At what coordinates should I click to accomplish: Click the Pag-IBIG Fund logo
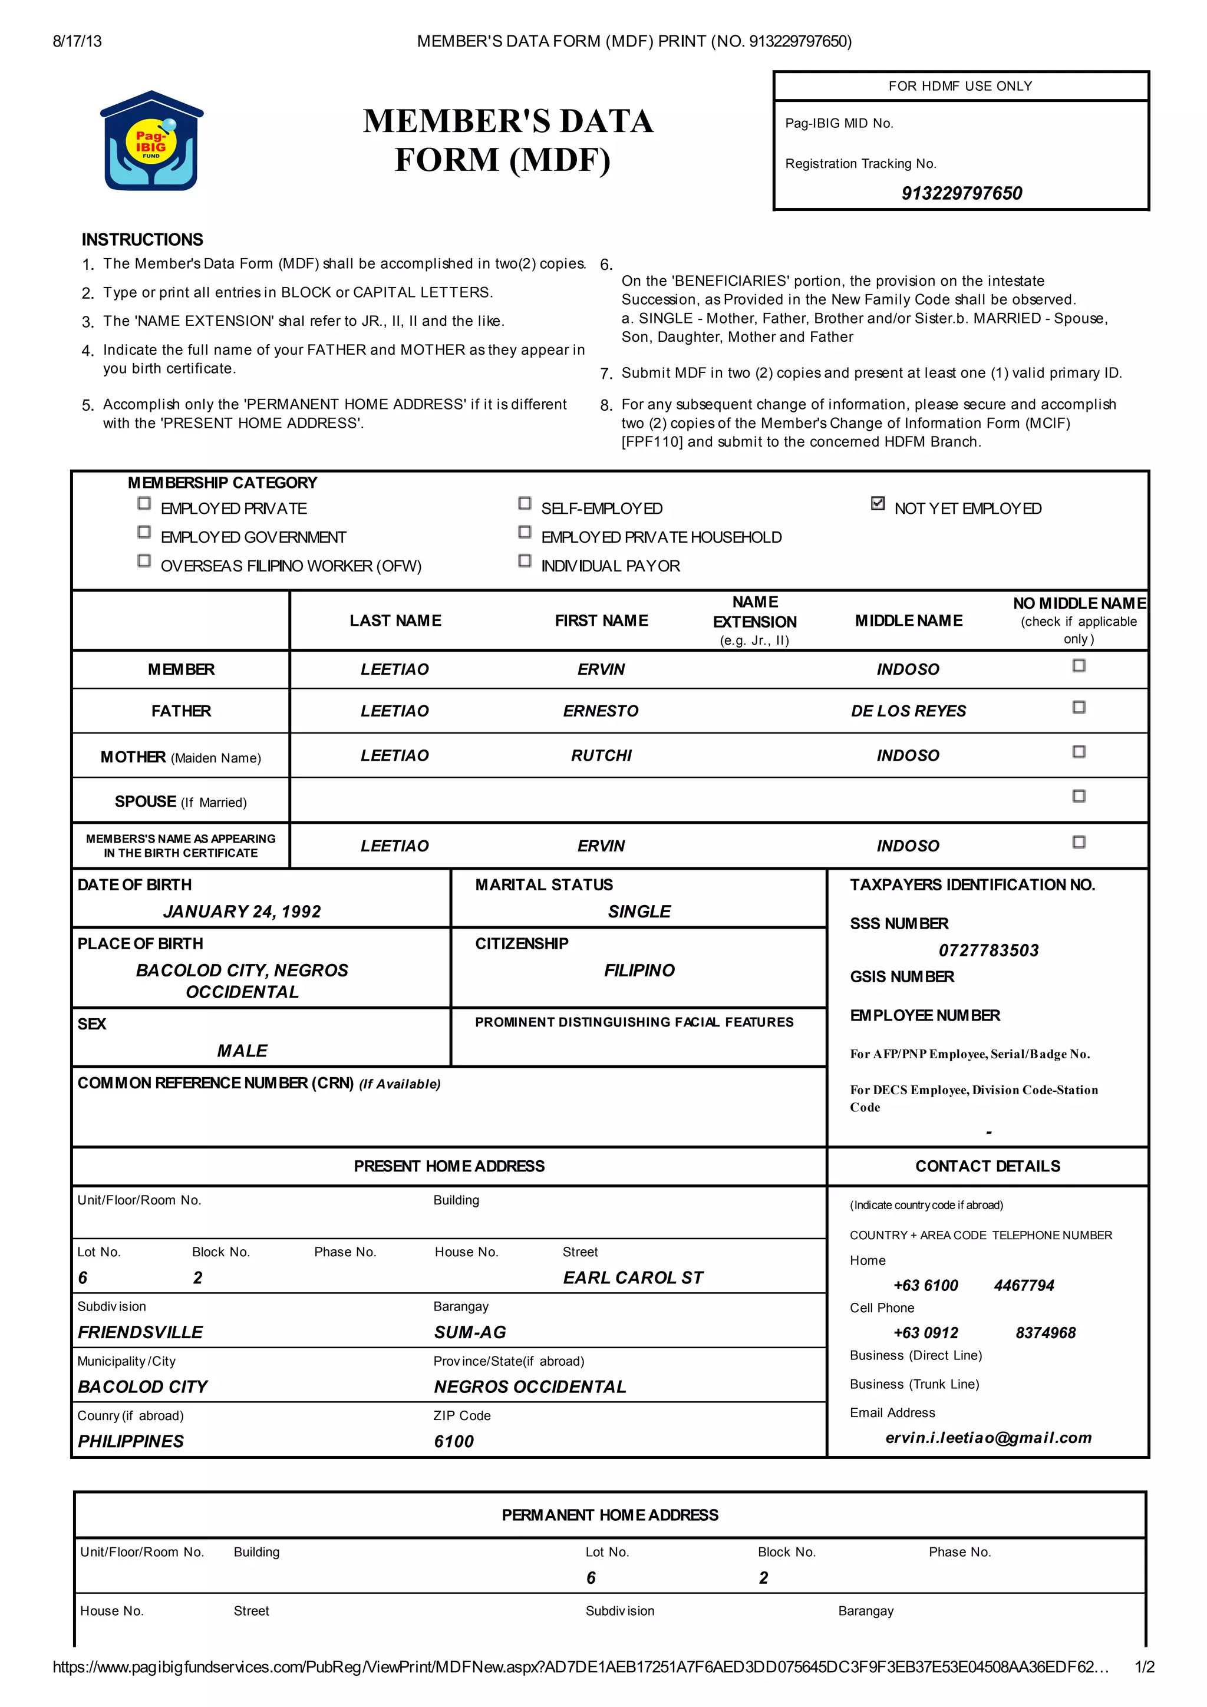point(151,141)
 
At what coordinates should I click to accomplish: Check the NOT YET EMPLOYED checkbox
point(878,503)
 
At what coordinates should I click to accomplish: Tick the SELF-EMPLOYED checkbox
point(525,503)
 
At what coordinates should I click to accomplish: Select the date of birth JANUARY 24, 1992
point(242,912)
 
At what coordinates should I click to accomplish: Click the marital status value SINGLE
point(639,912)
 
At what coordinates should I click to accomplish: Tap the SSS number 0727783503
point(988,950)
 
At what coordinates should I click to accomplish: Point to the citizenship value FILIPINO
point(639,970)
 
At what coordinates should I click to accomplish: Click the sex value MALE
point(242,1051)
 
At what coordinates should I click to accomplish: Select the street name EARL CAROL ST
point(632,1277)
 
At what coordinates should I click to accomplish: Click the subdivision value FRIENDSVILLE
point(140,1332)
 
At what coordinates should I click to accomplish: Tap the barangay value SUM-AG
point(469,1332)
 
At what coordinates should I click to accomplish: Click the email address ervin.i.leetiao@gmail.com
point(988,1437)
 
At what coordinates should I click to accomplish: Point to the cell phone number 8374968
point(1045,1332)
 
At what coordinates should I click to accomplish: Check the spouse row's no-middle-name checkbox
point(1079,795)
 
